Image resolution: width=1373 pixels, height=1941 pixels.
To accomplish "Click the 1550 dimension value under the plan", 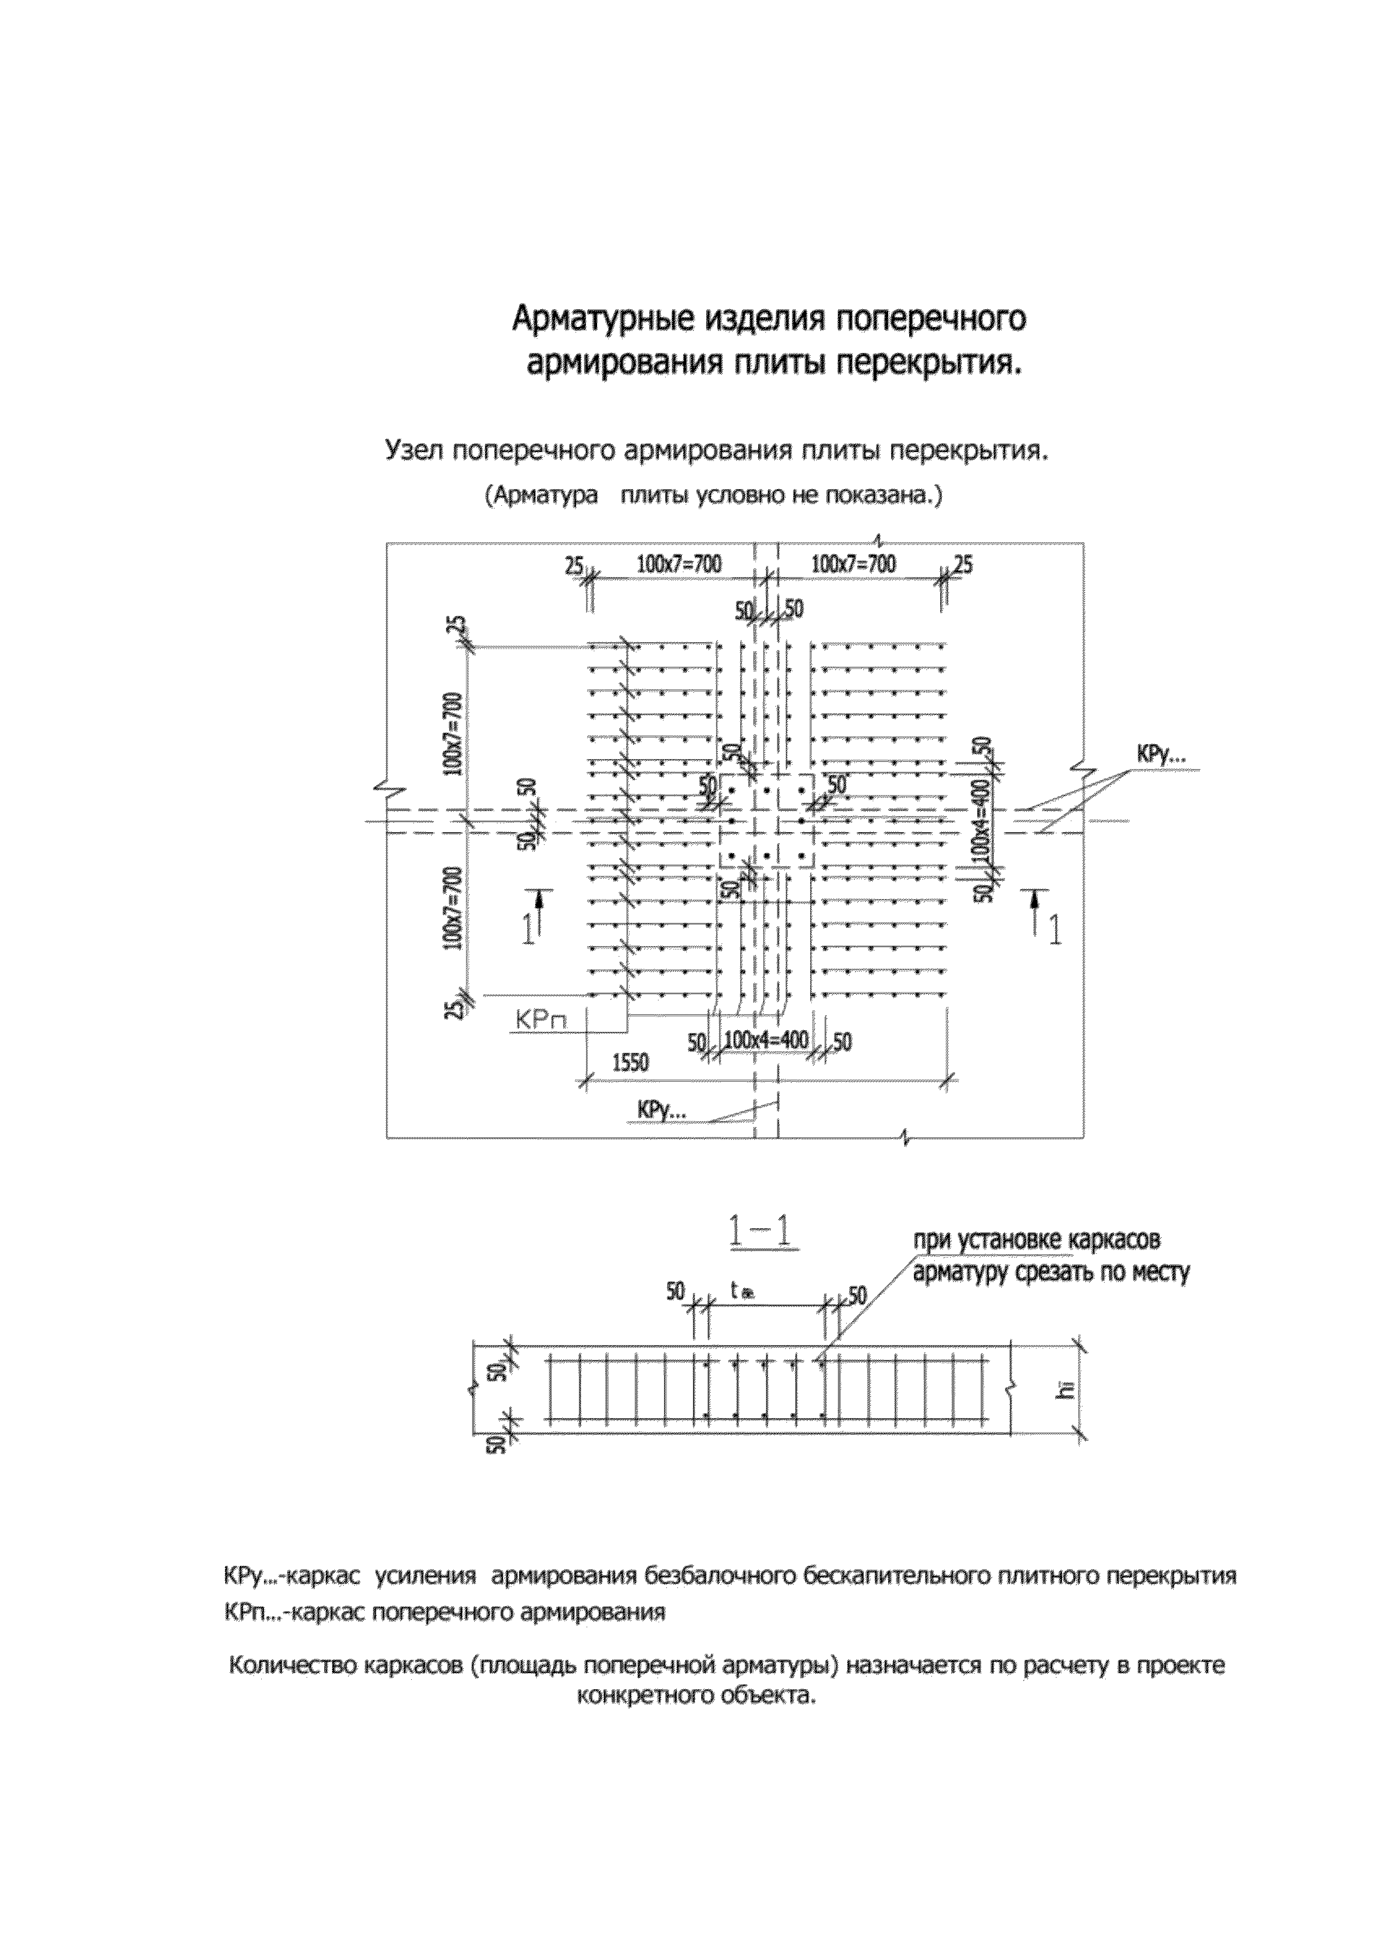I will [x=631, y=1063].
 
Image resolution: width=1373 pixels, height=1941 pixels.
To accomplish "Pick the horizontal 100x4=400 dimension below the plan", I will [x=766, y=1040].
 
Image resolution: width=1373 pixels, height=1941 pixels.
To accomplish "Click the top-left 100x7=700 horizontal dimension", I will [x=679, y=564].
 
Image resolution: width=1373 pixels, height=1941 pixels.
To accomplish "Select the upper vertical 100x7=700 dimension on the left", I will [x=455, y=733].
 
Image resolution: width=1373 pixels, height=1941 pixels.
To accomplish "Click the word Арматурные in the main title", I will [x=603, y=320].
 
